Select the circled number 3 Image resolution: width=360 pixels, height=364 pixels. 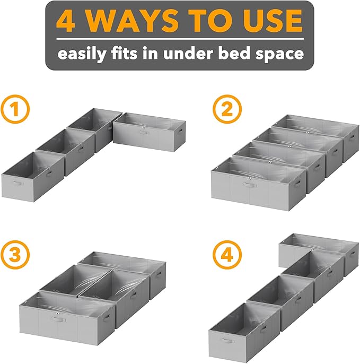15,254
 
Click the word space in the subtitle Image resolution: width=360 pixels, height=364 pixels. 279,54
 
